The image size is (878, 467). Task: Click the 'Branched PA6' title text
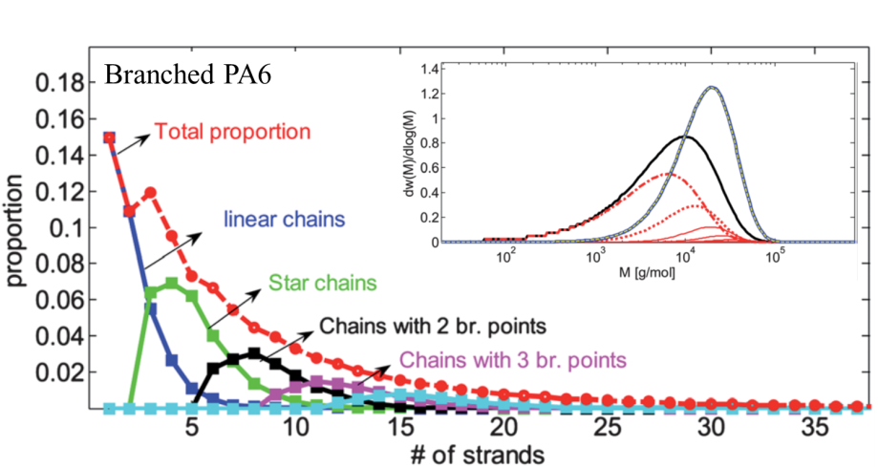(x=187, y=74)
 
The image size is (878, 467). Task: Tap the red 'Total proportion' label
(x=232, y=132)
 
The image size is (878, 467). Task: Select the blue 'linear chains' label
(x=284, y=219)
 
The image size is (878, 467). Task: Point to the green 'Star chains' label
(x=323, y=283)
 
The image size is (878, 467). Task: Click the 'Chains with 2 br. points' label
(x=432, y=326)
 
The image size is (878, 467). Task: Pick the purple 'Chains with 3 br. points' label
(x=513, y=359)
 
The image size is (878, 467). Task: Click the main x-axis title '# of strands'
(x=478, y=454)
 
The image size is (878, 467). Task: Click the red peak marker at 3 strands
(x=151, y=193)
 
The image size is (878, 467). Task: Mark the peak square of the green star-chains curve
(x=171, y=284)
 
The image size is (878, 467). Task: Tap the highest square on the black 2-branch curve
(x=254, y=353)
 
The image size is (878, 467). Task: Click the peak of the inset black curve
(x=687, y=136)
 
